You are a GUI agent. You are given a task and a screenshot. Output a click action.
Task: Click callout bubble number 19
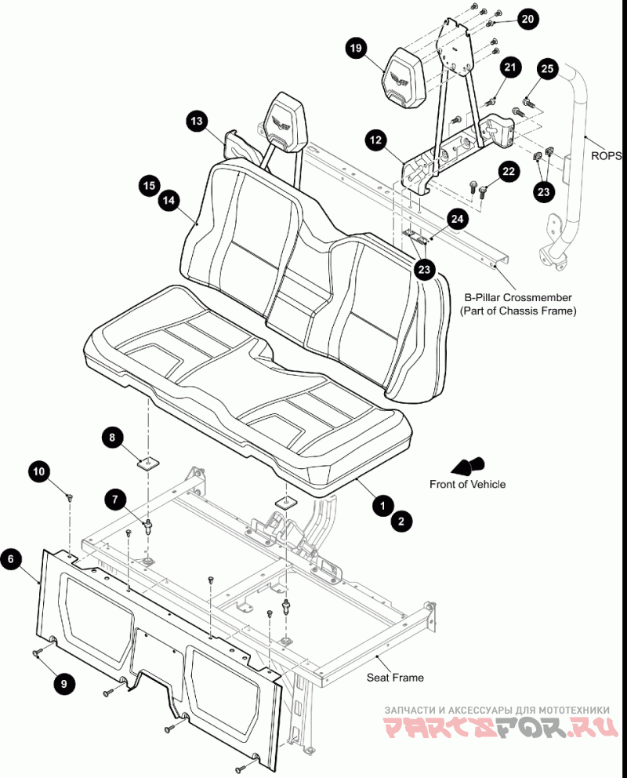356,48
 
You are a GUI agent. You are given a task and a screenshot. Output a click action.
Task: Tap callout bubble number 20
528,19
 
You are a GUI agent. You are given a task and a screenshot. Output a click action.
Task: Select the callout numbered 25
547,68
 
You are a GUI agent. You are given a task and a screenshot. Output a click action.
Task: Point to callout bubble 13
197,121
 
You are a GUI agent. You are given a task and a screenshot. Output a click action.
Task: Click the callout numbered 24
458,219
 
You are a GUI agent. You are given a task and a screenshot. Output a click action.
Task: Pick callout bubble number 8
112,437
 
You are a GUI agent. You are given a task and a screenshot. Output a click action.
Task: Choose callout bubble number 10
39,471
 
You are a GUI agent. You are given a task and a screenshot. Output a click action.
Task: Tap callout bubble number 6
11,559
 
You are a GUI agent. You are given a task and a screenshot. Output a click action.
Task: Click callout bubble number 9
63,684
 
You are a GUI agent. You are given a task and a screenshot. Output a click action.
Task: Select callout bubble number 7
115,499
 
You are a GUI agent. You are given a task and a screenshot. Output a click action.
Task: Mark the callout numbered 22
509,172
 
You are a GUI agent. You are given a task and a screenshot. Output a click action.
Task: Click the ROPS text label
606,156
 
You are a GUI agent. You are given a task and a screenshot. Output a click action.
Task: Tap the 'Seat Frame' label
395,678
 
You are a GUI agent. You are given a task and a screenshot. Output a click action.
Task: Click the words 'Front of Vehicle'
467,484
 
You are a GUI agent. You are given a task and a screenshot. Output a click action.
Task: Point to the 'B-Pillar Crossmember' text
518,298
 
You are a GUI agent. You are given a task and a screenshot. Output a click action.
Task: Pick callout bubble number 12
375,140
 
